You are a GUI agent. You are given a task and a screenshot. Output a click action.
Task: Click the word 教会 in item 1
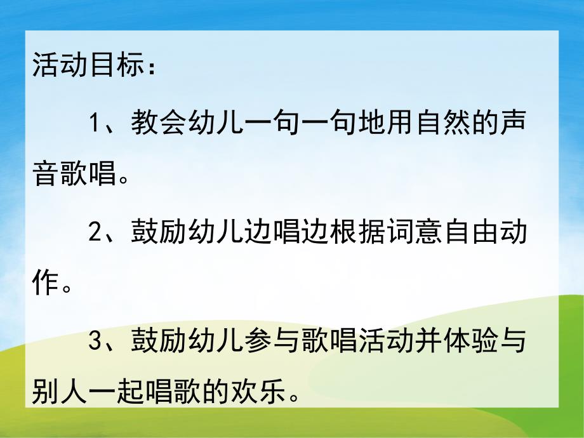click(160, 122)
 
